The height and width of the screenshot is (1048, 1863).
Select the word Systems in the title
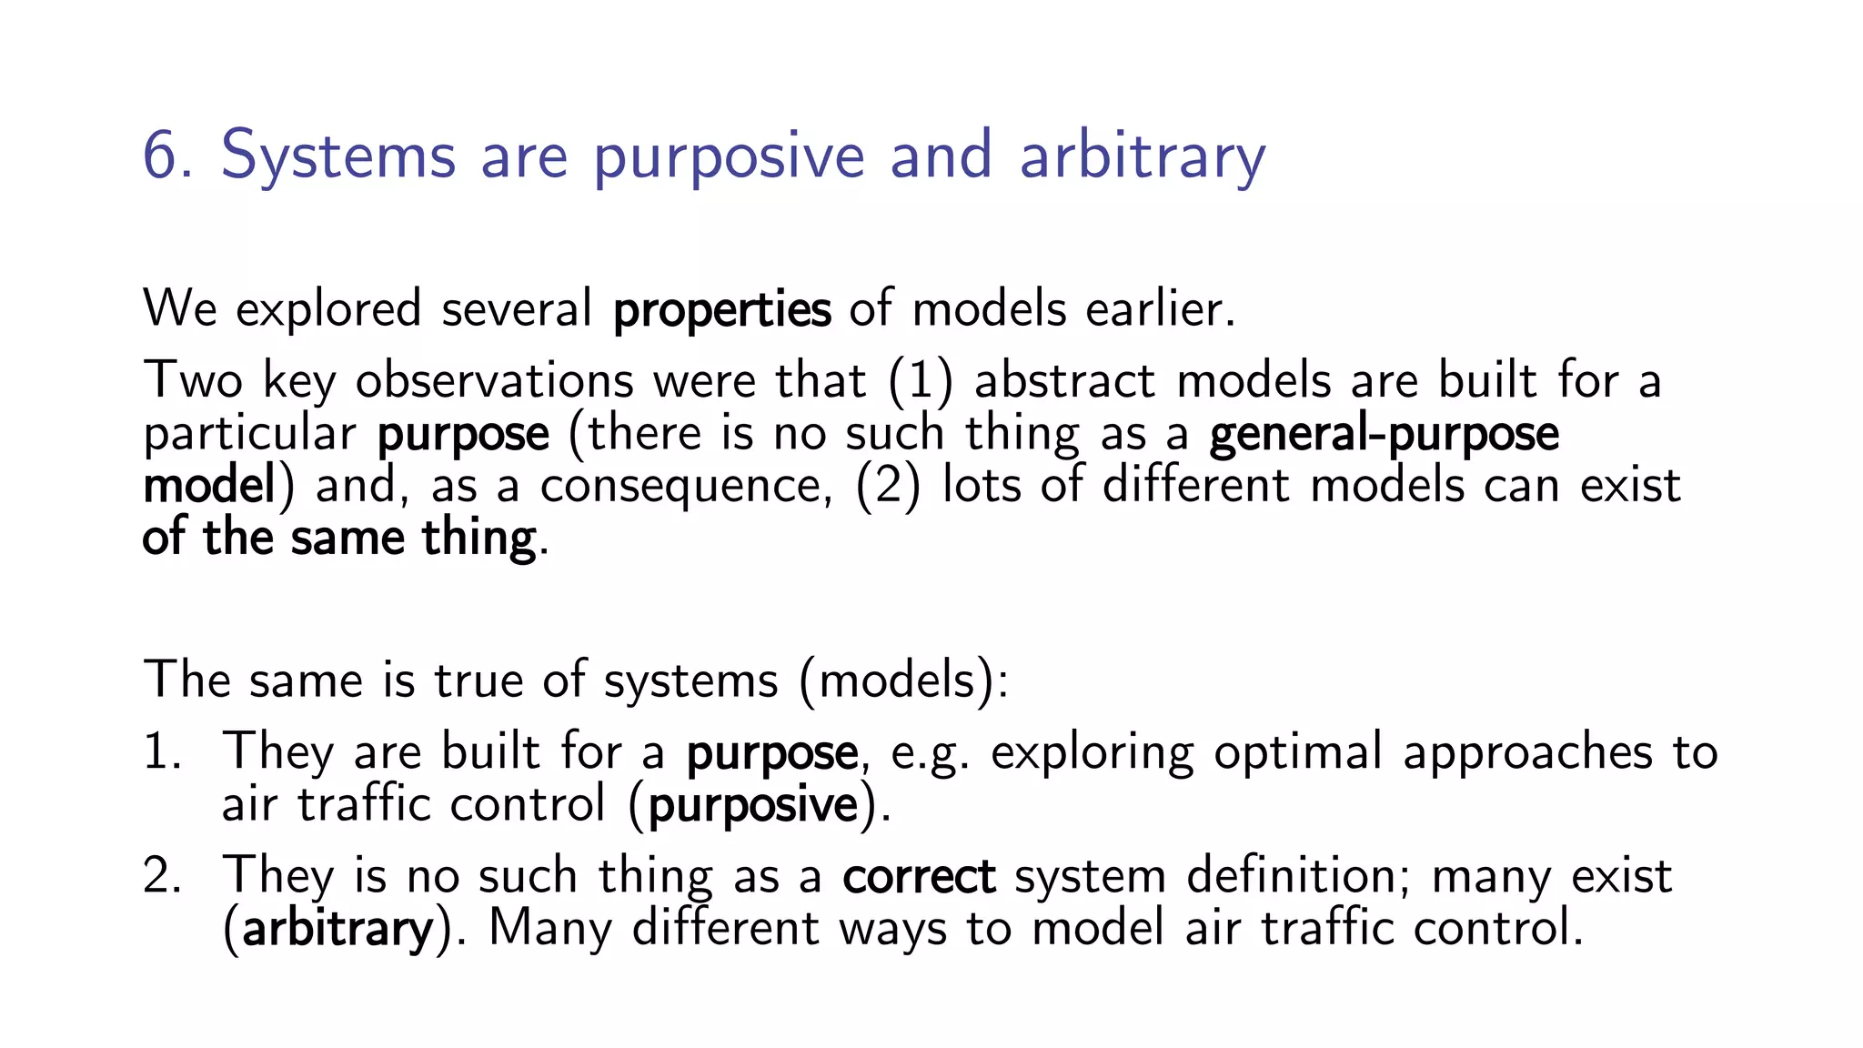(x=337, y=156)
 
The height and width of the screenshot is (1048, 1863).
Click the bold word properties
(x=721, y=310)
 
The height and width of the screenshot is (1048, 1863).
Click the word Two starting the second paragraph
(x=193, y=380)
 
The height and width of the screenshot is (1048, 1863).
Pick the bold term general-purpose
(x=1384, y=434)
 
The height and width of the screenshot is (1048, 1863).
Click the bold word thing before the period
(x=478, y=538)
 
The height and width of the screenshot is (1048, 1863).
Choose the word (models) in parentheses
(x=903, y=680)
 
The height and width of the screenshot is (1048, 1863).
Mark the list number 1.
(x=162, y=752)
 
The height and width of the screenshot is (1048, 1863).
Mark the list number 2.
(x=162, y=876)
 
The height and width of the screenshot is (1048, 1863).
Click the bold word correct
(x=919, y=876)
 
